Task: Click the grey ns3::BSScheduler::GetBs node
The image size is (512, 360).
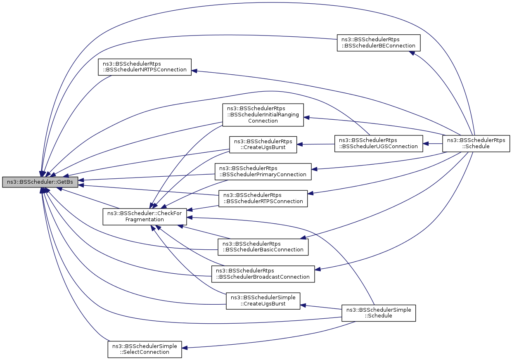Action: point(40,182)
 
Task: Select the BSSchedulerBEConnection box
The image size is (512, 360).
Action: point(379,43)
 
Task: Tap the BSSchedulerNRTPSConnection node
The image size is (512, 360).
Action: point(145,67)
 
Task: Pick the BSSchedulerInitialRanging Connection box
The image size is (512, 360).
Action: point(263,115)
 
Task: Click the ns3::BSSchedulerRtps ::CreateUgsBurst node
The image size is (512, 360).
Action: point(263,144)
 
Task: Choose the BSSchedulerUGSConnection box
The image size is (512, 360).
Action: point(379,144)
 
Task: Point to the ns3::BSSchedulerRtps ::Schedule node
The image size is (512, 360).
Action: point(476,144)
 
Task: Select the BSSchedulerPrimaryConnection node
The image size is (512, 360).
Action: point(263,172)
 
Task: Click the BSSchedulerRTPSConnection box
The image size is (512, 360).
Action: point(263,199)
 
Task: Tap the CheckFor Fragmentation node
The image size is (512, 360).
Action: point(145,217)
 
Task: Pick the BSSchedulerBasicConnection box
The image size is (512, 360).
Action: point(263,247)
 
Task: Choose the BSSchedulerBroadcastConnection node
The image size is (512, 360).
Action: point(263,274)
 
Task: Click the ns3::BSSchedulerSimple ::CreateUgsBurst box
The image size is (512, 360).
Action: point(263,301)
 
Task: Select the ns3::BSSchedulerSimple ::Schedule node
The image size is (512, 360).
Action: point(379,313)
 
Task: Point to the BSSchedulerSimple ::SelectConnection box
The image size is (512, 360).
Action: point(145,350)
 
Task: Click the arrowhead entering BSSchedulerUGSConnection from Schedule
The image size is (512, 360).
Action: point(426,144)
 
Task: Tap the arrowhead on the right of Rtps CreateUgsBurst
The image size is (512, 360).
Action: point(300,144)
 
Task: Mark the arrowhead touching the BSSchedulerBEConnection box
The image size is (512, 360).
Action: point(412,53)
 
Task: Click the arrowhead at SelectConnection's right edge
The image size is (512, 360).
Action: point(185,348)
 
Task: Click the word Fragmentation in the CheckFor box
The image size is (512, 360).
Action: point(145,220)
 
